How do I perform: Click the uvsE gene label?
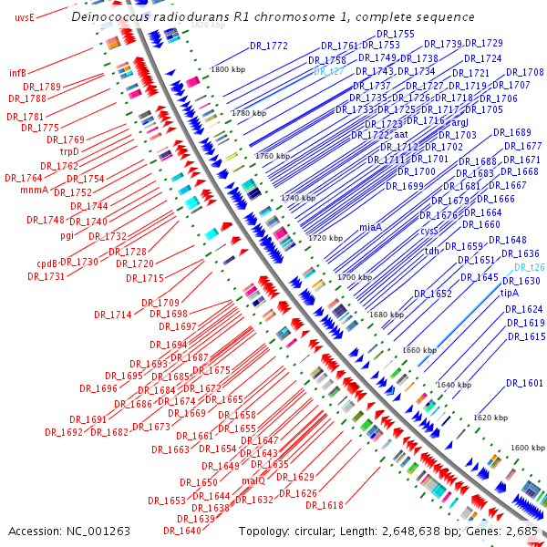pyautogui.click(x=25, y=17)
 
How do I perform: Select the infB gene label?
pyautogui.click(x=17, y=72)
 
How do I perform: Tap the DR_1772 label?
pyautogui.click(x=269, y=46)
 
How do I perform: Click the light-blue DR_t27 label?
pyautogui.click(x=328, y=70)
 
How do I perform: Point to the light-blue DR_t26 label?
pyautogui.click(x=529, y=267)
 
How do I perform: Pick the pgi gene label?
pyautogui.click(x=67, y=235)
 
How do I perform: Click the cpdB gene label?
pyautogui.click(x=46, y=263)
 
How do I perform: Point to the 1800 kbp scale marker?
pyautogui.click(x=227, y=69)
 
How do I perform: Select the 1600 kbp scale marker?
pyautogui.click(x=526, y=448)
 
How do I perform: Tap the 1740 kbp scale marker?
pyautogui.click(x=297, y=197)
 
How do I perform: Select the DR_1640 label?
pyautogui.click(x=182, y=531)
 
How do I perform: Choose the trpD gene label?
pyautogui.click(x=70, y=151)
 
